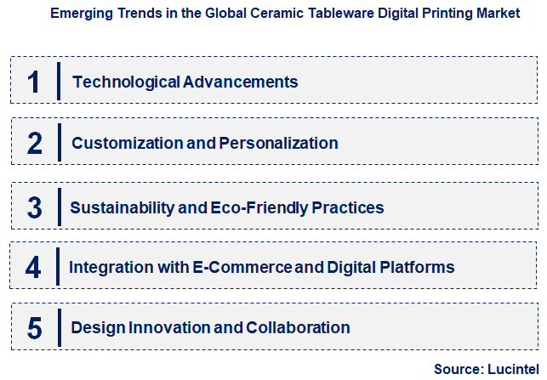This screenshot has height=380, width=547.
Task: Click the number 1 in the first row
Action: pos(34,82)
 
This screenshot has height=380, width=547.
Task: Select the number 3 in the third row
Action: pos(34,207)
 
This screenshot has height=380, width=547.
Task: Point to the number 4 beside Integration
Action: pos(34,268)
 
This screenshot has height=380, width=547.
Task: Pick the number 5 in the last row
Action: pos(34,328)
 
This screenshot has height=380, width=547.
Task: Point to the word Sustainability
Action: pos(118,207)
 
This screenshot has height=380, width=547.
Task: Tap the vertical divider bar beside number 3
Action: pos(58,207)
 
